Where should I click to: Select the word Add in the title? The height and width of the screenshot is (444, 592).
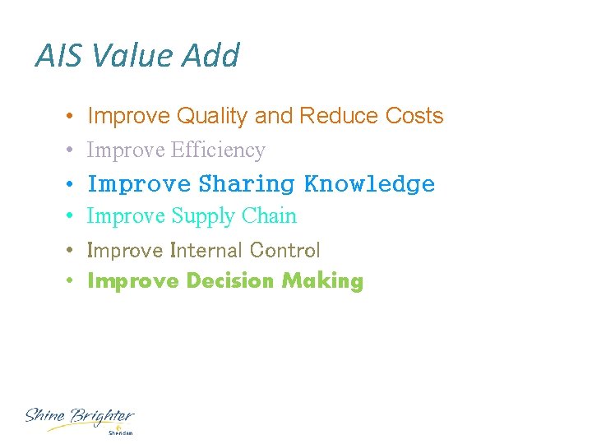click(210, 56)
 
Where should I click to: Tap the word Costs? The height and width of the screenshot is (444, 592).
click(414, 116)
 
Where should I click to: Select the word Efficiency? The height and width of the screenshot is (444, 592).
click(218, 150)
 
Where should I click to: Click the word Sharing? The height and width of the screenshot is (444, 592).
click(247, 184)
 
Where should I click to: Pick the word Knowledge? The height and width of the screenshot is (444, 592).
click(369, 183)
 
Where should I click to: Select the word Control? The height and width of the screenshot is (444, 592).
click(284, 250)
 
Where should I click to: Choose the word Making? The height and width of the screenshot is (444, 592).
click(322, 281)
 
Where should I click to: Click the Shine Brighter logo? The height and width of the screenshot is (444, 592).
click(79, 418)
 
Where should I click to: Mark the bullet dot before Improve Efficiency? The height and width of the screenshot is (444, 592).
click(72, 151)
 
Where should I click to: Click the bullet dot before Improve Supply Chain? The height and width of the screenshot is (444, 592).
click(72, 217)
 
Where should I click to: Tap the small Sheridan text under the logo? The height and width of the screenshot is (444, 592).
click(120, 432)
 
